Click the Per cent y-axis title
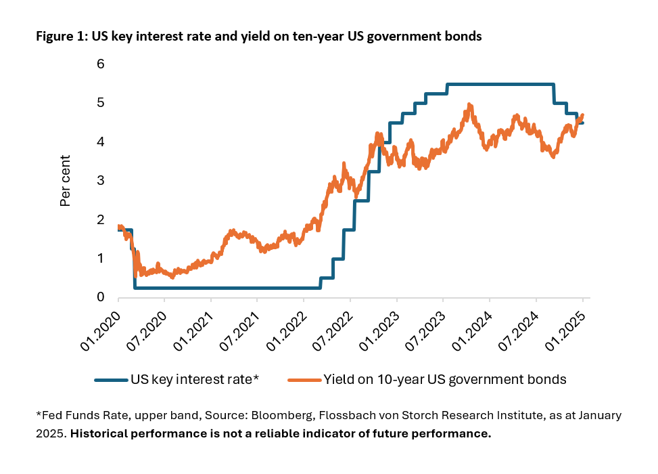click(66, 179)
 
